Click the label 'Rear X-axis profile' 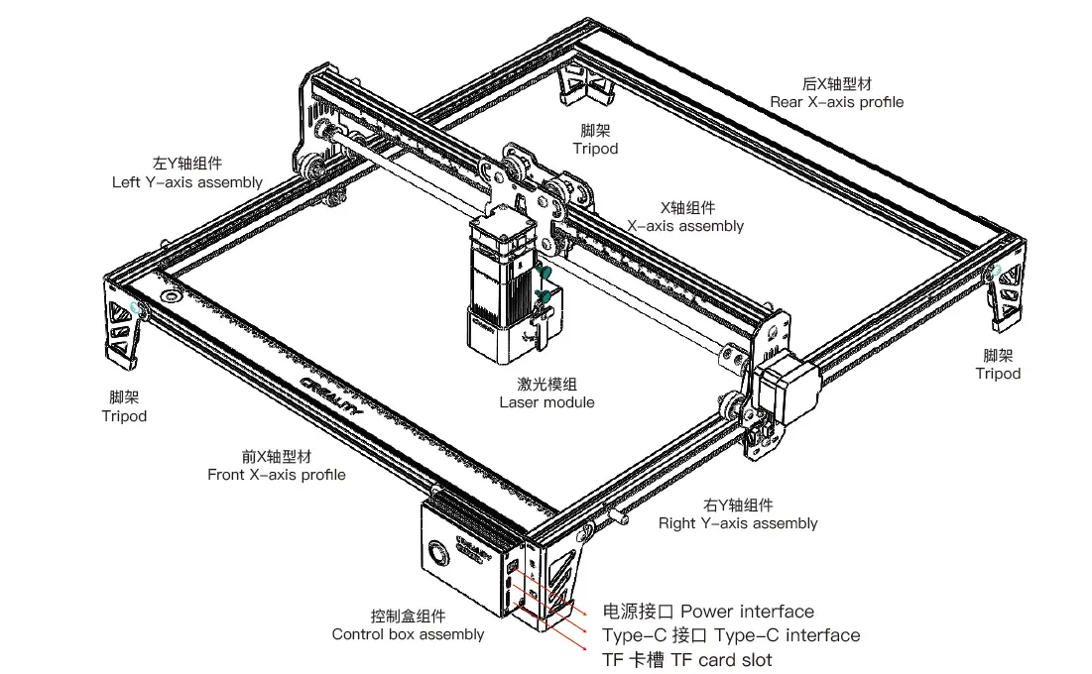click(836, 102)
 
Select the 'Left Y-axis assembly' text click(187, 182)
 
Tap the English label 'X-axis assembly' click(685, 226)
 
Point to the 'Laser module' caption click(546, 402)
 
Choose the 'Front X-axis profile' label click(277, 475)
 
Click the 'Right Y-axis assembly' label click(738, 523)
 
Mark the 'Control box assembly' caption click(408, 634)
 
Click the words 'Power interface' click(747, 612)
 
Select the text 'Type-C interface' click(787, 635)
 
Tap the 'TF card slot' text click(721, 660)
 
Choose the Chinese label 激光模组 click(546, 384)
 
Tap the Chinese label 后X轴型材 click(836, 83)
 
